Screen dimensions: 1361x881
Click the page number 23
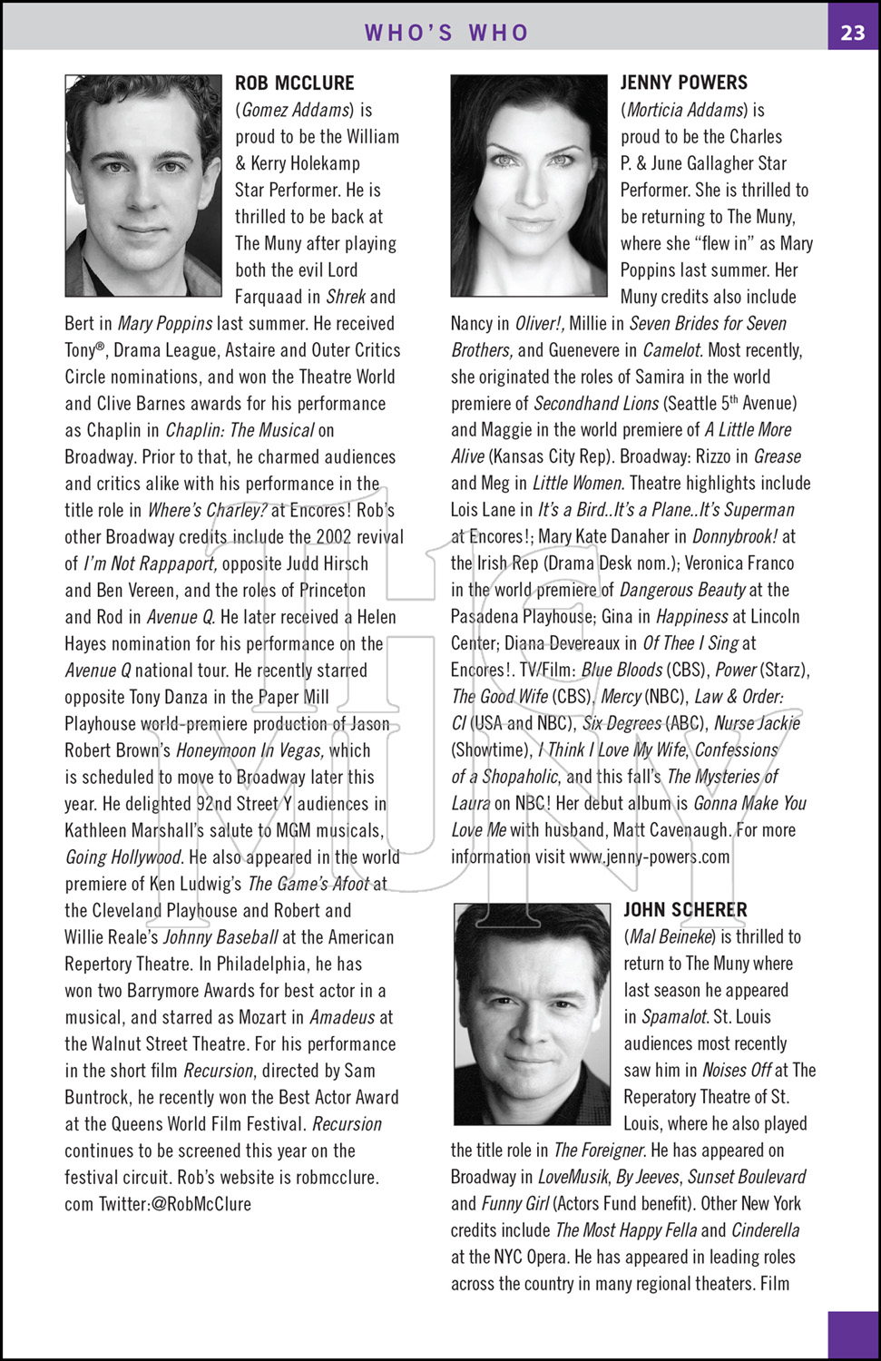coord(852,33)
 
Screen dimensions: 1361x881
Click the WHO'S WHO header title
coord(446,33)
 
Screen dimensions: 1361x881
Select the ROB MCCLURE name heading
coord(295,83)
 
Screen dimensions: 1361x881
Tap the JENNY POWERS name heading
coord(684,83)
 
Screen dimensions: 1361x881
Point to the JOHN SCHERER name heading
coord(685,910)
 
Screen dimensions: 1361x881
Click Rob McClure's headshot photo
coord(143,185)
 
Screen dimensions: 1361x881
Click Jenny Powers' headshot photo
coord(529,185)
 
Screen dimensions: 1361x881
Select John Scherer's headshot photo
coord(533,1013)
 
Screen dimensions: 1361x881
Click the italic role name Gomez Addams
coord(295,110)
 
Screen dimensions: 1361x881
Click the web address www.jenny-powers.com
coord(649,857)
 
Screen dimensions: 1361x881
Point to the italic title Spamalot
coord(675,1016)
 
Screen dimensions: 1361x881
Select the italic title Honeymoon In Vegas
coord(250,750)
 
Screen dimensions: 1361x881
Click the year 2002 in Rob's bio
coord(336,536)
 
